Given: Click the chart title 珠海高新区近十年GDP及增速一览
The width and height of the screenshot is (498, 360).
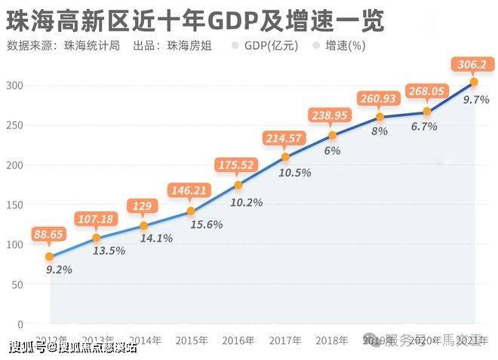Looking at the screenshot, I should click(195, 20).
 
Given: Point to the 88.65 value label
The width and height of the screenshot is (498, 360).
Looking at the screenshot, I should click(49, 235).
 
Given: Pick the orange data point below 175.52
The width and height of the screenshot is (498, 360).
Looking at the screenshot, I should click(238, 185).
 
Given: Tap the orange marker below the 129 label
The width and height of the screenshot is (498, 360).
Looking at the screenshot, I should click(144, 225).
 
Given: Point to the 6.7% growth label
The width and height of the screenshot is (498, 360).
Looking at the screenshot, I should click(424, 127).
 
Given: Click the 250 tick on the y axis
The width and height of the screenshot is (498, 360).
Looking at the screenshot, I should click(14, 125).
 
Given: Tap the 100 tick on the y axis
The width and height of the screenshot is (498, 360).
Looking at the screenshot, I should click(14, 245).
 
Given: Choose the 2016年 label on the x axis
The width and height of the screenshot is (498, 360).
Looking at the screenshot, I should click(238, 340).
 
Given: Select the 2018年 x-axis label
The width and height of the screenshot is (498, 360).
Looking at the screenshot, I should click(331, 340).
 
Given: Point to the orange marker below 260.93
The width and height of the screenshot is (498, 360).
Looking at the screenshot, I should click(380, 116).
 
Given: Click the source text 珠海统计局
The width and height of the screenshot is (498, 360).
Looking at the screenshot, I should click(91, 45).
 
